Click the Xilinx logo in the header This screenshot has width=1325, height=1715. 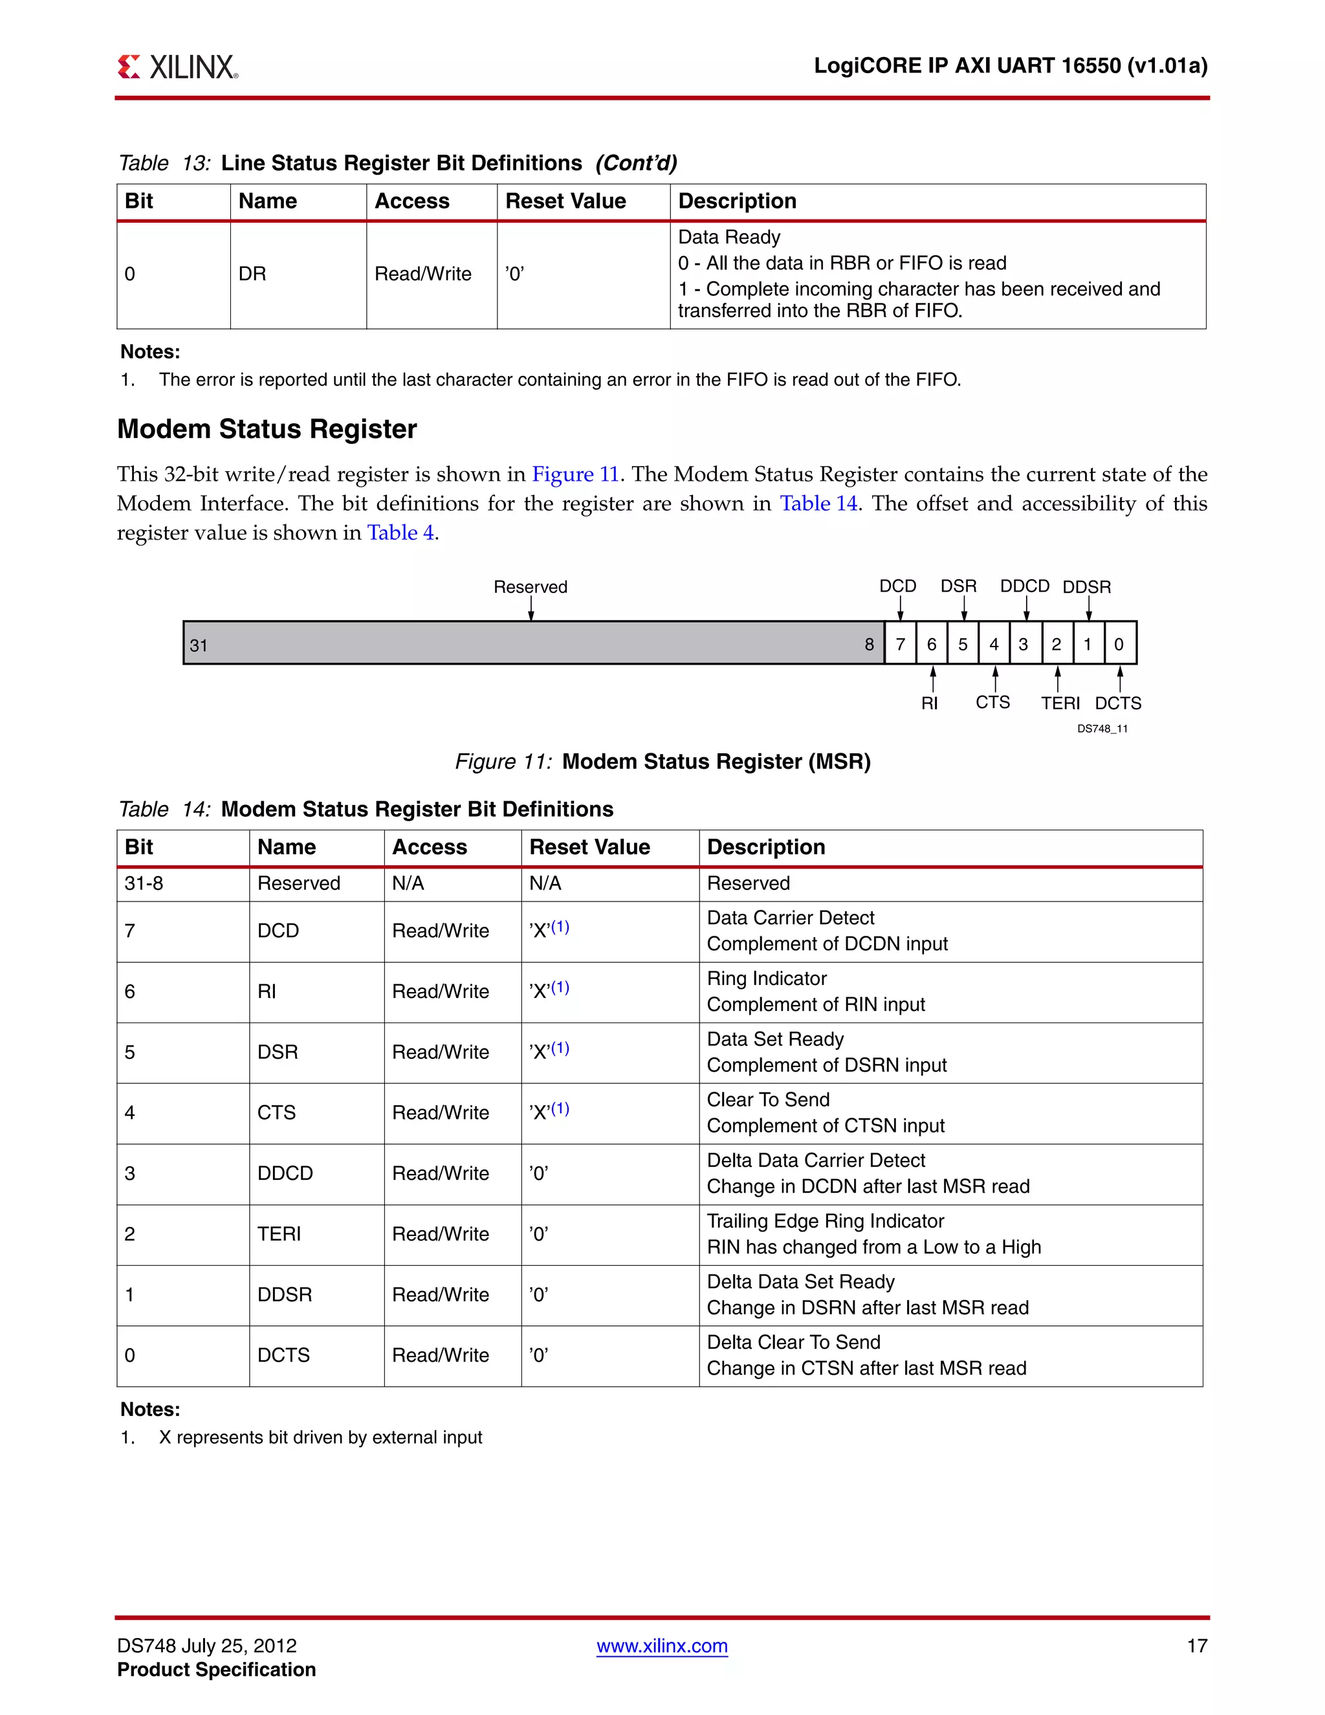click(x=177, y=67)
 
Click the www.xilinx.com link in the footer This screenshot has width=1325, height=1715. click(x=662, y=1646)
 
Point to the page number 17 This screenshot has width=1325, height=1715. click(x=1196, y=1646)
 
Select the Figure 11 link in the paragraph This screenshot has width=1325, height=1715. click(x=575, y=474)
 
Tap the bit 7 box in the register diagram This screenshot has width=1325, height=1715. click(x=901, y=644)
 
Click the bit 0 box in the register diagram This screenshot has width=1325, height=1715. click(x=1119, y=644)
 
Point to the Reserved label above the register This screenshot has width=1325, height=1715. click(x=530, y=586)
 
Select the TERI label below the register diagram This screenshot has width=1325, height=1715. click(x=1060, y=703)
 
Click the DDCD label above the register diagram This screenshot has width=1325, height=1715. click(x=1024, y=586)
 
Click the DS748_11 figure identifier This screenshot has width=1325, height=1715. click(x=1102, y=729)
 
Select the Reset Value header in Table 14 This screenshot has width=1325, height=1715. click(x=589, y=846)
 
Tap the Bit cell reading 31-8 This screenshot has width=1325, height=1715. click(x=144, y=883)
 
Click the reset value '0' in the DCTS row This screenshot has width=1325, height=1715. click(x=538, y=1355)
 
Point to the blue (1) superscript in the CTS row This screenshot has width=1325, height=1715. click(x=560, y=1108)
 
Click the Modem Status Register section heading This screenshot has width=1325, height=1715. click(x=267, y=430)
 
